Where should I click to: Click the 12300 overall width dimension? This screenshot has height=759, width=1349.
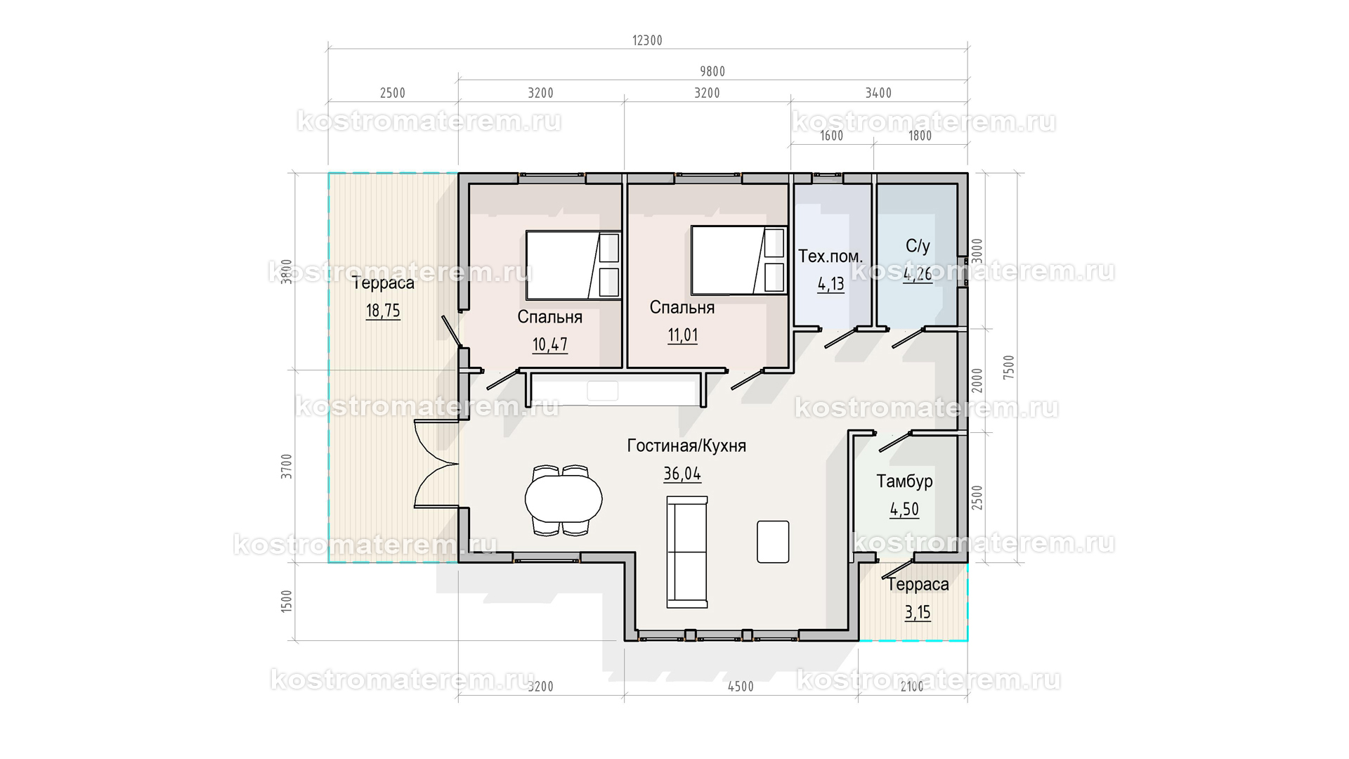(647, 41)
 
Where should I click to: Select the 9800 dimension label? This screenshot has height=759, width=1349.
(712, 72)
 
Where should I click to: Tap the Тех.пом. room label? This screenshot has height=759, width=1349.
(830, 257)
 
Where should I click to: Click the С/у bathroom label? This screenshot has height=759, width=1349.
(918, 246)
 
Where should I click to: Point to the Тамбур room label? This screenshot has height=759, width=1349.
(904, 481)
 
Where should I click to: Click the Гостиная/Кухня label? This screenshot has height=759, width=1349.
(686, 446)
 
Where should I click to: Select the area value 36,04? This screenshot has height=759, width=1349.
(682, 474)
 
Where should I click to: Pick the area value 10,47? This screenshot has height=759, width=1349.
(549, 345)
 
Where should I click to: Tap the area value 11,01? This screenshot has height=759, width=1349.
(682, 335)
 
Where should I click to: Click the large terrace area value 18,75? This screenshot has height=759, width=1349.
(383, 311)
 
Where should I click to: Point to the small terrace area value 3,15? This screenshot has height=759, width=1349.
(918, 613)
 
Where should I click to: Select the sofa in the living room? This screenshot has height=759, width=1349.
(687, 552)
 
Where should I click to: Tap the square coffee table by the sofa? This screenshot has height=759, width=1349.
(773, 542)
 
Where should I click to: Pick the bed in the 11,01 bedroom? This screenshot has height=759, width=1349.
(738, 260)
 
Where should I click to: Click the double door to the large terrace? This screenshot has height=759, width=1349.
(436, 464)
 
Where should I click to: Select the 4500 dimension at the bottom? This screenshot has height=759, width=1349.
(741, 687)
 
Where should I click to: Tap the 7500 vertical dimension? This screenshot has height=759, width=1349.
(1009, 368)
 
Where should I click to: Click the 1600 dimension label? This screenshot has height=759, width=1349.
(831, 136)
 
